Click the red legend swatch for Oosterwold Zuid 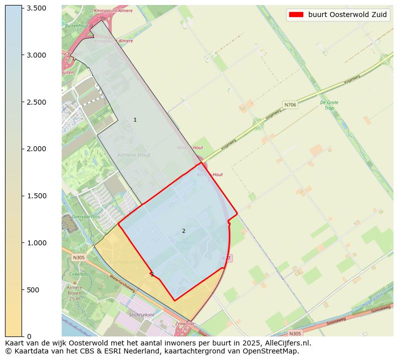coord(296,15)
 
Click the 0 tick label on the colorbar coord(30,336)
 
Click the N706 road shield coord(290,105)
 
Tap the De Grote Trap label coord(329,105)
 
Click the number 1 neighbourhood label coord(135,120)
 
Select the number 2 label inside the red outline coord(183,231)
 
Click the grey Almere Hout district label coord(134,155)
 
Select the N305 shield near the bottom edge coord(296,333)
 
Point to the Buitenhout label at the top coord(76,25)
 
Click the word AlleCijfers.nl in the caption coord(288,343)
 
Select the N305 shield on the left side coord(79,257)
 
